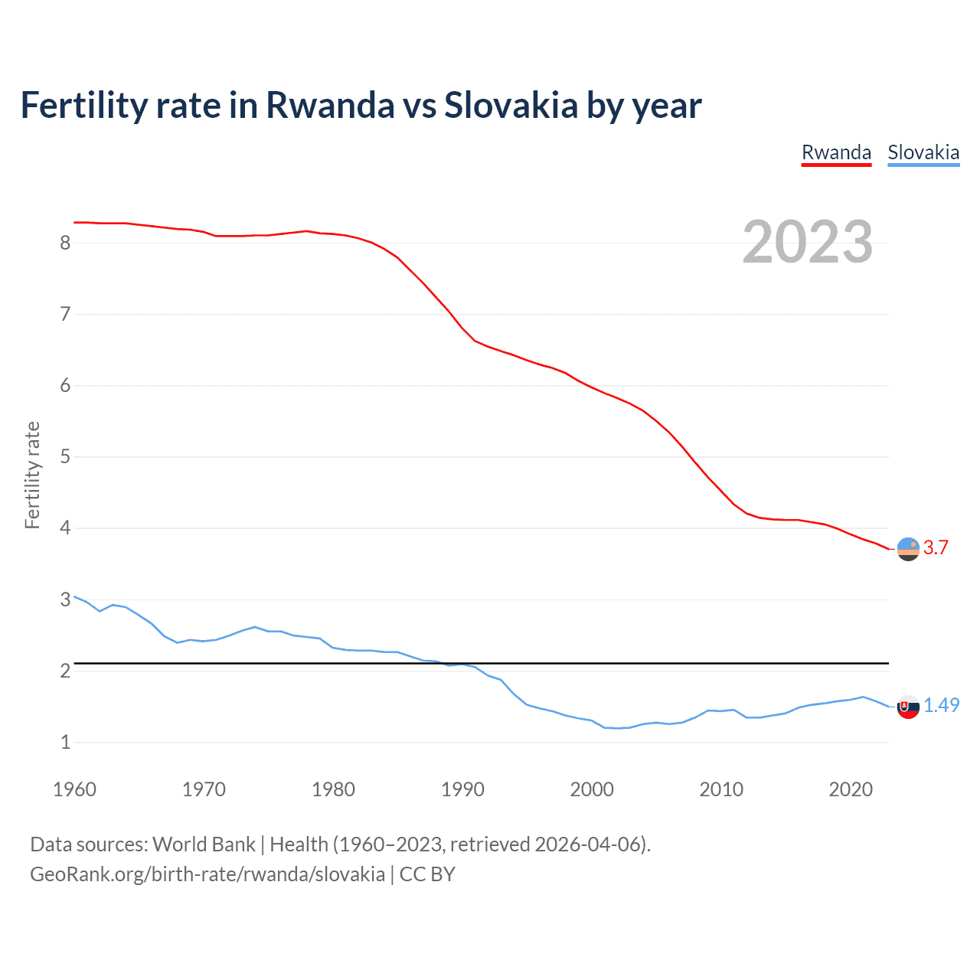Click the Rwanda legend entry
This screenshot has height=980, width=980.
tap(836, 152)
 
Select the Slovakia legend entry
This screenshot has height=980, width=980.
tap(923, 152)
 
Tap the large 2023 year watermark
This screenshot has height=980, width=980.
tap(807, 242)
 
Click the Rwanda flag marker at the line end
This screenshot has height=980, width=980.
tap(908, 549)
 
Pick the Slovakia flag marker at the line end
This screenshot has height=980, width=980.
tap(908, 707)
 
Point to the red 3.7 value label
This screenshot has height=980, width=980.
tap(936, 547)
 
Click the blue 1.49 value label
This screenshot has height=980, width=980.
tap(941, 705)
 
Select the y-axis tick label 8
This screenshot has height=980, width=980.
tap(65, 243)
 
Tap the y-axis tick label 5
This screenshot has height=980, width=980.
tap(65, 457)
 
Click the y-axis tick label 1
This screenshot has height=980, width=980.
tap(65, 742)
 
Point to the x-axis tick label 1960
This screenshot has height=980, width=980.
tap(74, 789)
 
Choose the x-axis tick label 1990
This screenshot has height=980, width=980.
tap(462, 789)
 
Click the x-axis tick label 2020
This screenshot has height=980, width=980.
tap(851, 789)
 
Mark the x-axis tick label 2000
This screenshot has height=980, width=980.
tap(592, 789)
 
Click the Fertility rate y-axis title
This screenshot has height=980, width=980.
tap(32, 475)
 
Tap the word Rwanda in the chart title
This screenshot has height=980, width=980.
tap(330, 105)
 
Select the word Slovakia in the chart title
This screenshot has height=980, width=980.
tap(511, 105)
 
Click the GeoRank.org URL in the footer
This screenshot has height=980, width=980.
tap(207, 874)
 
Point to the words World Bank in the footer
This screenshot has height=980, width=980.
tap(204, 844)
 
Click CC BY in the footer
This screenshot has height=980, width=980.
tap(427, 874)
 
